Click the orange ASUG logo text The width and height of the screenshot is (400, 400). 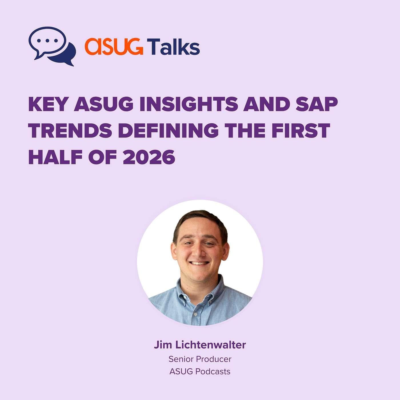coord(114,46)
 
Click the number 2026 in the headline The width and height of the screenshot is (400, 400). coord(149,157)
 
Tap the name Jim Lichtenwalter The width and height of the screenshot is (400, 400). coord(200,345)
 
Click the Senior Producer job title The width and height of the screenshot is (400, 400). coord(200,359)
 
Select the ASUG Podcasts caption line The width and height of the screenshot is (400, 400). coord(200,371)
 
